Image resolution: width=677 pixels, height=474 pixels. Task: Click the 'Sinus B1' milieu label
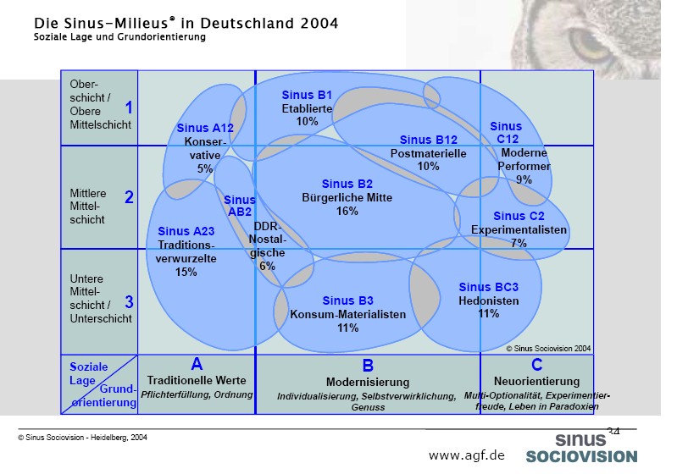click(307, 95)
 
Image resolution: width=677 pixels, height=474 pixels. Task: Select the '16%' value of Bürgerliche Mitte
click(347, 211)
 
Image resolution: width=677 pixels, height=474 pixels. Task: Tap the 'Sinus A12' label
click(205, 129)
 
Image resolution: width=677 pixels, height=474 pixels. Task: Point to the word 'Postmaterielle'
click(428, 153)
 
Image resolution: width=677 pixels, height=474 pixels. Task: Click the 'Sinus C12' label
click(506, 132)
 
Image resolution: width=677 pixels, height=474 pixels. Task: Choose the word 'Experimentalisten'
click(519, 229)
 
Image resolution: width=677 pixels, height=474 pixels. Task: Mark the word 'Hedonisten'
click(488, 300)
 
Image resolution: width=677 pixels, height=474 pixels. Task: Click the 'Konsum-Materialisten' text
click(348, 314)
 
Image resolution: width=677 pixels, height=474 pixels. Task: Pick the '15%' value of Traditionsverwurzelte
click(186, 272)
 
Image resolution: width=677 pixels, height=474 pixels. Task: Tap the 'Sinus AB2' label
click(240, 206)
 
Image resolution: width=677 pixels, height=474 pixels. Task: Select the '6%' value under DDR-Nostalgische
click(267, 265)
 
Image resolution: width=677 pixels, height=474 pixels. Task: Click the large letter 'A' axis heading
click(197, 364)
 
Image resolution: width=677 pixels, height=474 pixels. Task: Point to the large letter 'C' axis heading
click(537, 365)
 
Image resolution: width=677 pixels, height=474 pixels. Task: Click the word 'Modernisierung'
click(368, 383)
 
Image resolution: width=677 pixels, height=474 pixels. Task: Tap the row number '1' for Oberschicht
click(129, 107)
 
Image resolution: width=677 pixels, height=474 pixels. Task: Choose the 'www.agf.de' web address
click(466, 455)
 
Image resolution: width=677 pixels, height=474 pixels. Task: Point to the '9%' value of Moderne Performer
click(524, 179)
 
